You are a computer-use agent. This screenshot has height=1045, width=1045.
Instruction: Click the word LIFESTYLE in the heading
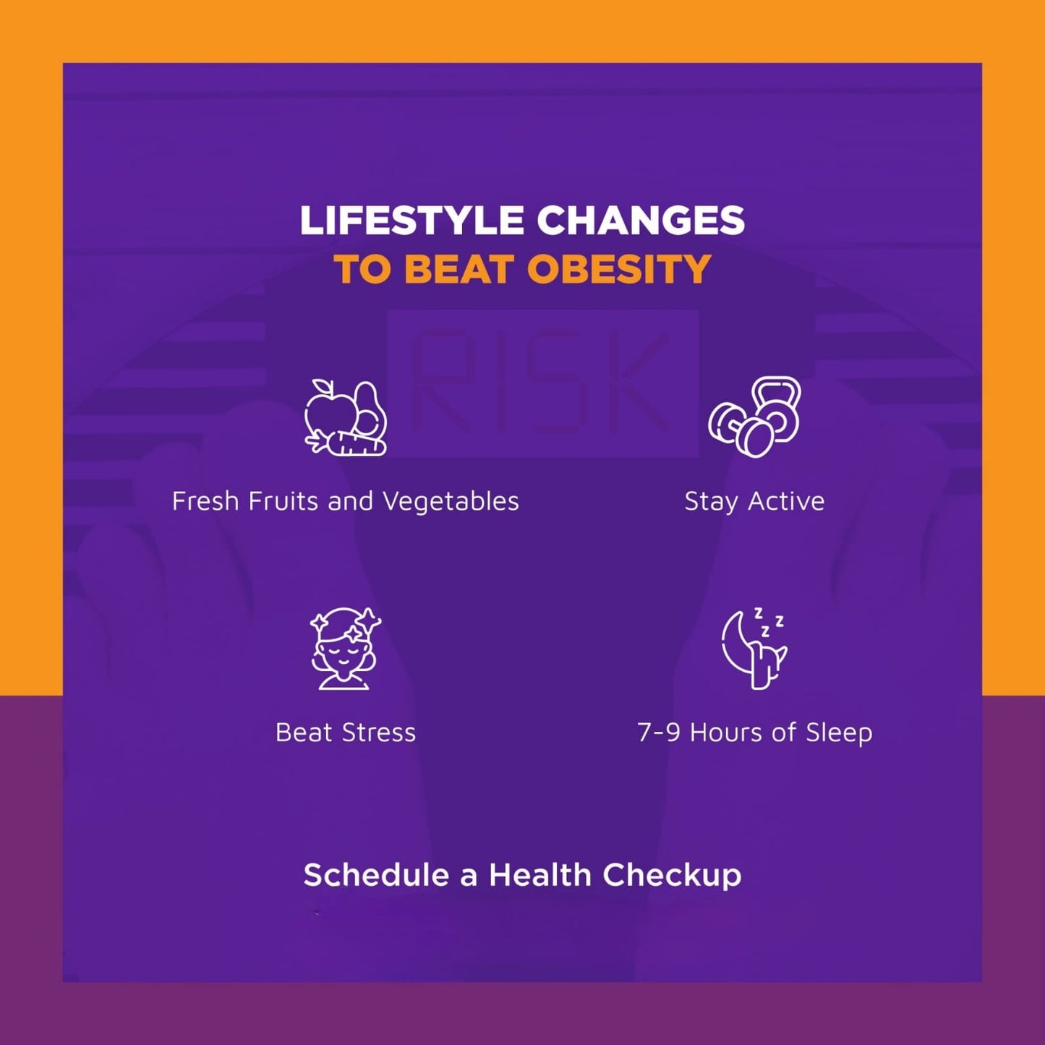[x=411, y=221]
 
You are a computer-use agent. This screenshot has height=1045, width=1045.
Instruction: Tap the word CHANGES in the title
[x=640, y=221]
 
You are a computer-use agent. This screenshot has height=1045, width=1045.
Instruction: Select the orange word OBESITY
[x=619, y=270]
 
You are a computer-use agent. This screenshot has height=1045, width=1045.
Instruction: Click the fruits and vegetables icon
[x=346, y=418]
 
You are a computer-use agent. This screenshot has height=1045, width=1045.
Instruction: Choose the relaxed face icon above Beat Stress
[x=346, y=649]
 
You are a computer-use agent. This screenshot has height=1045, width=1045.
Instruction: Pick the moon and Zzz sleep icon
[x=754, y=648]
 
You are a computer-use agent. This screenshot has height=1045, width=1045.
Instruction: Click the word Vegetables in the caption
[x=451, y=502]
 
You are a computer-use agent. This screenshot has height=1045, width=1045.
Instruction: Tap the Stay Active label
[x=754, y=501]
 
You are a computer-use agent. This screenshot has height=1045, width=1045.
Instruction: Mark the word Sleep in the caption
[x=839, y=733]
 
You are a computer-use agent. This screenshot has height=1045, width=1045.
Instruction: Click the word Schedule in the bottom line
[x=376, y=875]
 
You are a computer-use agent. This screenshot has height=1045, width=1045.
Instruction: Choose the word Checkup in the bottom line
[x=672, y=876]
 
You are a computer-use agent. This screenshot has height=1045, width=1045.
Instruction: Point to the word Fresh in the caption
[x=205, y=501]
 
